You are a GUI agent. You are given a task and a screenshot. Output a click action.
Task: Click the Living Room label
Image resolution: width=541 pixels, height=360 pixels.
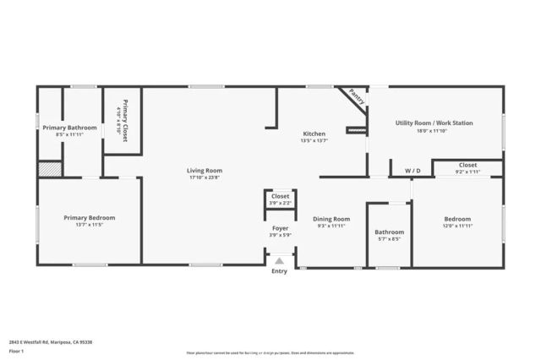(x=205, y=171)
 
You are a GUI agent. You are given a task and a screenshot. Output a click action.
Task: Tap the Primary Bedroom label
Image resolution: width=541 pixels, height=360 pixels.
(x=90, y=217)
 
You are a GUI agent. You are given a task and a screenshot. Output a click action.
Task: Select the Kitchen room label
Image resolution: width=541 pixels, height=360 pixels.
(x=314, y=134)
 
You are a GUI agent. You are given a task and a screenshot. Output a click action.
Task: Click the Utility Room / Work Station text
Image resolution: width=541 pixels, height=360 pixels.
(x=434, y=123)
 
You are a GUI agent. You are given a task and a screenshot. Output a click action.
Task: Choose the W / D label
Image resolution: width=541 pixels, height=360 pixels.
(x=413, y=171)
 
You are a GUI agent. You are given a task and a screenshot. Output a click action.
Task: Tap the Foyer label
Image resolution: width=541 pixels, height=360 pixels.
(x=280, y=228)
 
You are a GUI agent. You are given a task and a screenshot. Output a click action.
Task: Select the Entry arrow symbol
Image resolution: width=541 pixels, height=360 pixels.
(x=280, y=261)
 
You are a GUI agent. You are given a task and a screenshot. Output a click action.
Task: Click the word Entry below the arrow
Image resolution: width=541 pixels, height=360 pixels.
(x=280, y=271)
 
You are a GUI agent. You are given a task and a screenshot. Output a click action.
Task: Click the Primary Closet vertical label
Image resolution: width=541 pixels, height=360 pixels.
(x=124, y=120)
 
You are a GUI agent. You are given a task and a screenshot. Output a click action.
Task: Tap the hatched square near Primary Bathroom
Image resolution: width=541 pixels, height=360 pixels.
(x=50, y=168)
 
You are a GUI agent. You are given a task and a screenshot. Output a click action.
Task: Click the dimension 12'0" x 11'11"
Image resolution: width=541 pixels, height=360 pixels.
(x=457, y=226)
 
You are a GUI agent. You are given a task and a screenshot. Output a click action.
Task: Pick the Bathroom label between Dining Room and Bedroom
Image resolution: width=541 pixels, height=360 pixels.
(x=390, y=232)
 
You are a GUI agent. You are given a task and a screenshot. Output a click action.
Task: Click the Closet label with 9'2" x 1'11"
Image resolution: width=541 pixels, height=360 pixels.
(x=467, y=165)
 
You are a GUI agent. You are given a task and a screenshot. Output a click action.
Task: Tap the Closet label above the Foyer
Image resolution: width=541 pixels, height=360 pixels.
(x=280, y=196)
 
